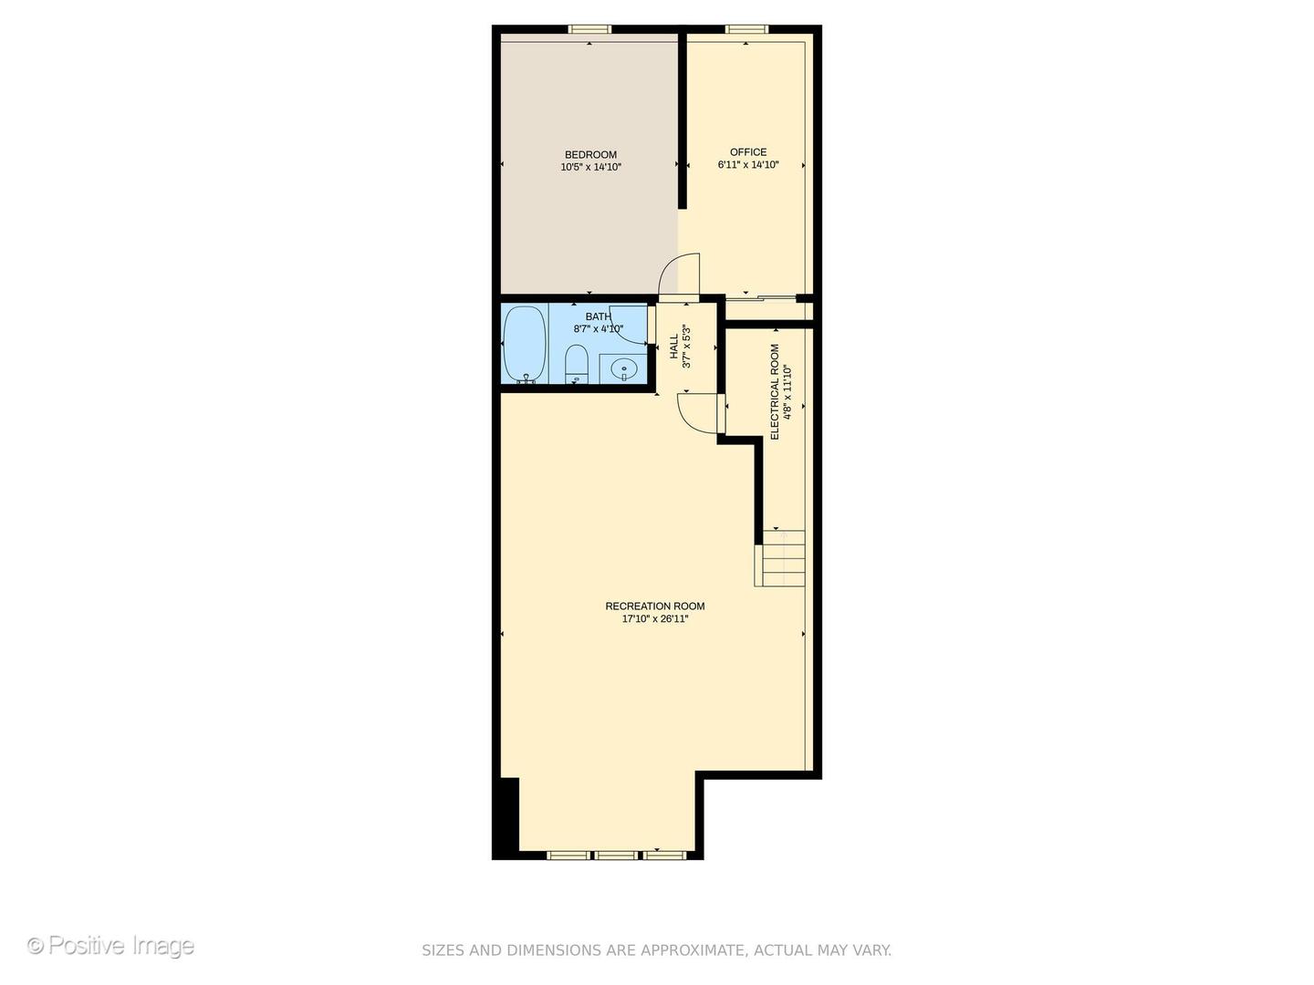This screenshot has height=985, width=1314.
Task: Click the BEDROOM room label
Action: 590,155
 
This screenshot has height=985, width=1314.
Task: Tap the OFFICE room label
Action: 748,152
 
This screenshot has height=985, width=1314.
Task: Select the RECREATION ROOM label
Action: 655,607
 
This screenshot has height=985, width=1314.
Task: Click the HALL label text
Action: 674,347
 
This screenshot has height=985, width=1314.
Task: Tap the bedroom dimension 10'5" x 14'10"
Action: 590,168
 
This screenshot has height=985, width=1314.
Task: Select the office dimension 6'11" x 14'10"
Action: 748,165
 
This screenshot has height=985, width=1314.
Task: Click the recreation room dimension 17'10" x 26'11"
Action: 655,619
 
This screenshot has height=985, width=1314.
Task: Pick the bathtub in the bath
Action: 525,344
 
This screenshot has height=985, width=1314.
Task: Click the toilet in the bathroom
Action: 576,364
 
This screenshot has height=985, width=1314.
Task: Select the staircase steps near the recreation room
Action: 781,557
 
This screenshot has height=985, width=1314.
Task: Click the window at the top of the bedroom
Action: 589,29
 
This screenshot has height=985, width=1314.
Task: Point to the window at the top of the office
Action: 746,29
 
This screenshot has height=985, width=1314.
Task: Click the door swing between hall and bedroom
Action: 680,274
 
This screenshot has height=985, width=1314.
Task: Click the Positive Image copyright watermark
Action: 110,946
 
